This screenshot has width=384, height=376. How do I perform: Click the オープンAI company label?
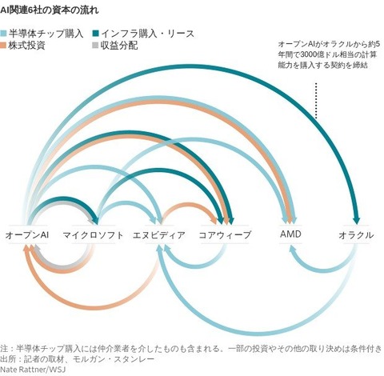click(27, 235)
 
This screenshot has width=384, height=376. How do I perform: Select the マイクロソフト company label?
click(93, 235)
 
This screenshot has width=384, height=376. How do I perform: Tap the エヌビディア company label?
click(159, 235)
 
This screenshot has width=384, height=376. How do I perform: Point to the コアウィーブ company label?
click(225, 235)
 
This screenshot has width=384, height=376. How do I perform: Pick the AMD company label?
click(290, 234)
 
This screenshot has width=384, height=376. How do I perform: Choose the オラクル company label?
click(356, 235)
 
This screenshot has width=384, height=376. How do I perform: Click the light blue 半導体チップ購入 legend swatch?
click(3, 34)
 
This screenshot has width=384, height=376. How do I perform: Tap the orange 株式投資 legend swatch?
click(3, 46)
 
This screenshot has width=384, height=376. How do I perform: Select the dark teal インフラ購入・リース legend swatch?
click(95, 34)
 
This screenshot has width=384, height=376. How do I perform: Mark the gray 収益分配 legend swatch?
click(95, 46)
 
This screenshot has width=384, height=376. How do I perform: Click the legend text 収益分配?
click(119, 46)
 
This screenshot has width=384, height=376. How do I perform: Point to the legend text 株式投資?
click(26, 46)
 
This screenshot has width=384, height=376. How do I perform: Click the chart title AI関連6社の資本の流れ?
click(50, 10)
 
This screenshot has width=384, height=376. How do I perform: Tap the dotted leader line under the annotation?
click(316, 101)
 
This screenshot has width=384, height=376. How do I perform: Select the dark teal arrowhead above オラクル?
click(356, 221)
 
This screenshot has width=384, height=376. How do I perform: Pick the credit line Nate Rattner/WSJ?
click(33, 370)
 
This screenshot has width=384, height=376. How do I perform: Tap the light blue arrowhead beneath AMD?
click(293, 249)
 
